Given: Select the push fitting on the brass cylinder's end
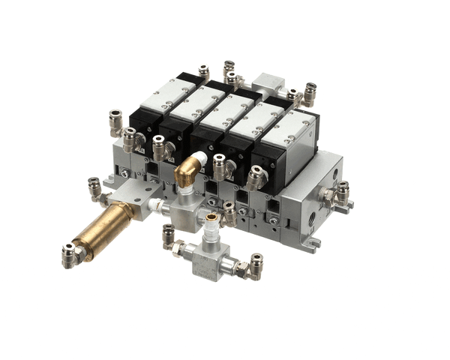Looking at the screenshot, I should click(x=69, y=256).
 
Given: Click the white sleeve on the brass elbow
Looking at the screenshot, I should click(x=199, y=159).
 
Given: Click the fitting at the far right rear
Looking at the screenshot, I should click(x=309, y=92).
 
